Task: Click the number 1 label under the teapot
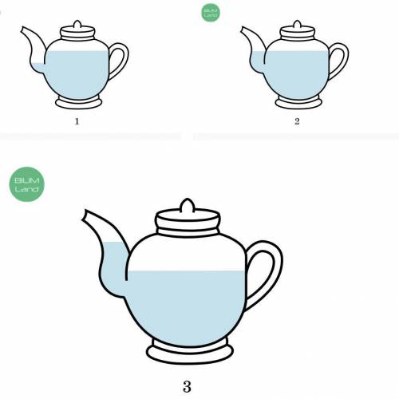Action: coord(77,121)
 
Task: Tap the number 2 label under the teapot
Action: coord(297,121)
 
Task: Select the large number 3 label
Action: coord(187,387)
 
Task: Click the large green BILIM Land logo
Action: coord(26,184)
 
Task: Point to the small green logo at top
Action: coord(211,13)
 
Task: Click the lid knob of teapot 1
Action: coord(77,24)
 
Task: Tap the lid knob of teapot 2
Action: coord(298,24)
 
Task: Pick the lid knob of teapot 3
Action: coord(188,206)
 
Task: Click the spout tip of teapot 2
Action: coord(243,30)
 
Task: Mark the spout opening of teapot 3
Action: coord(84,215)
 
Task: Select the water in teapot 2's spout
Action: coord(258,61)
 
